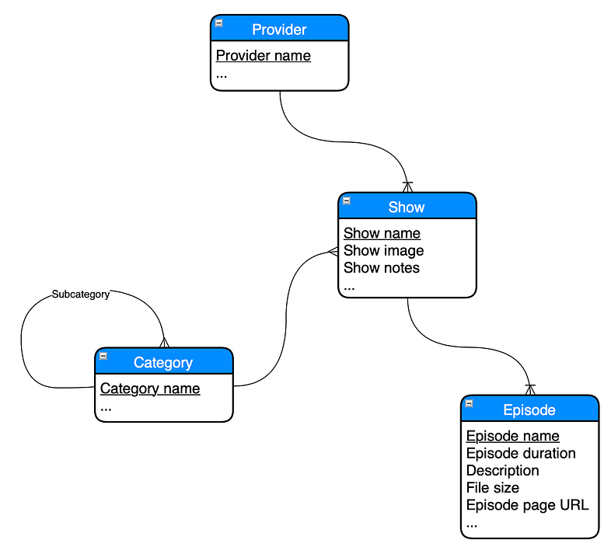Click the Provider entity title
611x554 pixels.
pyautogui.click(x=279, y=30)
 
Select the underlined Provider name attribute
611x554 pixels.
pyautogui.click(x=263, y=55)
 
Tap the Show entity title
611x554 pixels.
pyautogui.click(x=407, y=207)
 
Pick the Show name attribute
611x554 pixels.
pyautogui.click(x=382, y=233)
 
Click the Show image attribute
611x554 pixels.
pyautogui.click(x=383, y=250)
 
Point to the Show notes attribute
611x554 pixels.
pyautogui.click(x=381, y=267)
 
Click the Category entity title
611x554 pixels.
pyautogui.click(x=163, y=362)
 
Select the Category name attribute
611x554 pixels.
pyautogui.click(x=150, y=388)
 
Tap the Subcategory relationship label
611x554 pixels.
pyautogui.click(x=81, y=294)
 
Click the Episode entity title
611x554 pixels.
pyautogui.click(x=529, y=409)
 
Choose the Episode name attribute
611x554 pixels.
pyautogui.click(x=512, y=436)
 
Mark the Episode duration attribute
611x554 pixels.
pyautogui.click(x=521, y=453)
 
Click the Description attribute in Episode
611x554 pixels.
pyautogui.click(x=502, y=470)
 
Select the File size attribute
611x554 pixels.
pyautogui.click(x=493, y=487)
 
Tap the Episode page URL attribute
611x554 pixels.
pyautogui.click(x=527, y=504)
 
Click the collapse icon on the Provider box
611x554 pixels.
pyautogui.click(x=219, y=23)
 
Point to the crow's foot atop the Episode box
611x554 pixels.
pyautogui.click(x=530, y=389)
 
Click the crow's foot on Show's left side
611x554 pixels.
pyautogui.click(x=332, y=251)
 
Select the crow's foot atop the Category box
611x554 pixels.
pyautogui.click(x=164, y=342)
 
